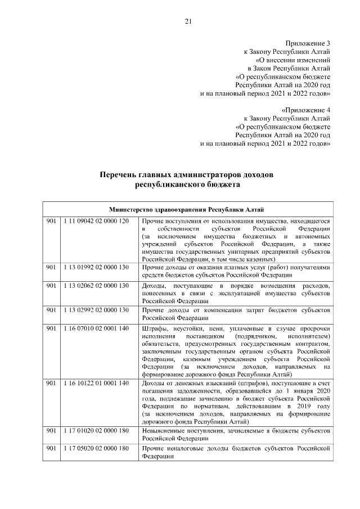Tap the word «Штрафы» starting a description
point(155,328)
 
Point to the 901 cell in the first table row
point(51,222)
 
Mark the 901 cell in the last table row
point(51,448)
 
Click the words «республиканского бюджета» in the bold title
point(187,184)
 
